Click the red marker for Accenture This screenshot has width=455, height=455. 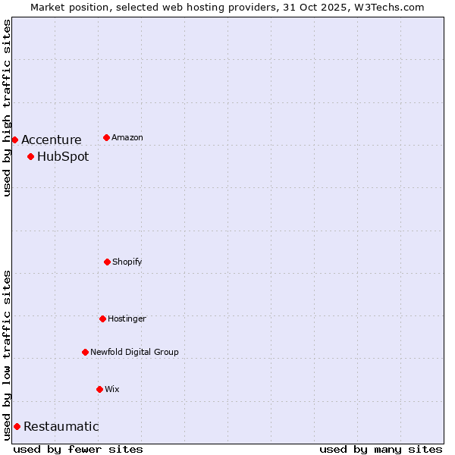[x=14, y=140]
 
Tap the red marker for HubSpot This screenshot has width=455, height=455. [x=30, y=157]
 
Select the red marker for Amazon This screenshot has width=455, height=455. [x=106, y=137]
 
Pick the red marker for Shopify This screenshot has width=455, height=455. [x=107, y=262]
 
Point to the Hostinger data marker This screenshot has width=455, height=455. [x=102, y=318]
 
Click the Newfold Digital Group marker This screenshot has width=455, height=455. [x=85, y=352]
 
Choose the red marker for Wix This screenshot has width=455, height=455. [x=99, y=389]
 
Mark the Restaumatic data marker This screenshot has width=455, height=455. [x=17, y=426]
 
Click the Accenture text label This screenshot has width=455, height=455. [x=51, y=140]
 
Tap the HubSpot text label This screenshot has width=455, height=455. [x=63, y=157]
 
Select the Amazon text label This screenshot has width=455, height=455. [x=127, y=137]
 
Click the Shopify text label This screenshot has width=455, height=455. [x=127, y=262]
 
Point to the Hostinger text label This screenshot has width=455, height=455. [x=127, y=318]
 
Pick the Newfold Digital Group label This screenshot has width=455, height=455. [x=134, y=352]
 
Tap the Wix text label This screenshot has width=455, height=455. [x=112, y=389]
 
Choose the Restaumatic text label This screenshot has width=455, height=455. [x=61, y=426]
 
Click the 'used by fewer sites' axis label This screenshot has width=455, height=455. [x=78, y=449]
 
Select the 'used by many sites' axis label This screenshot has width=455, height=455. [x=381, y=449]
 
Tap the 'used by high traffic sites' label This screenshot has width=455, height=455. [x=7, y=108]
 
